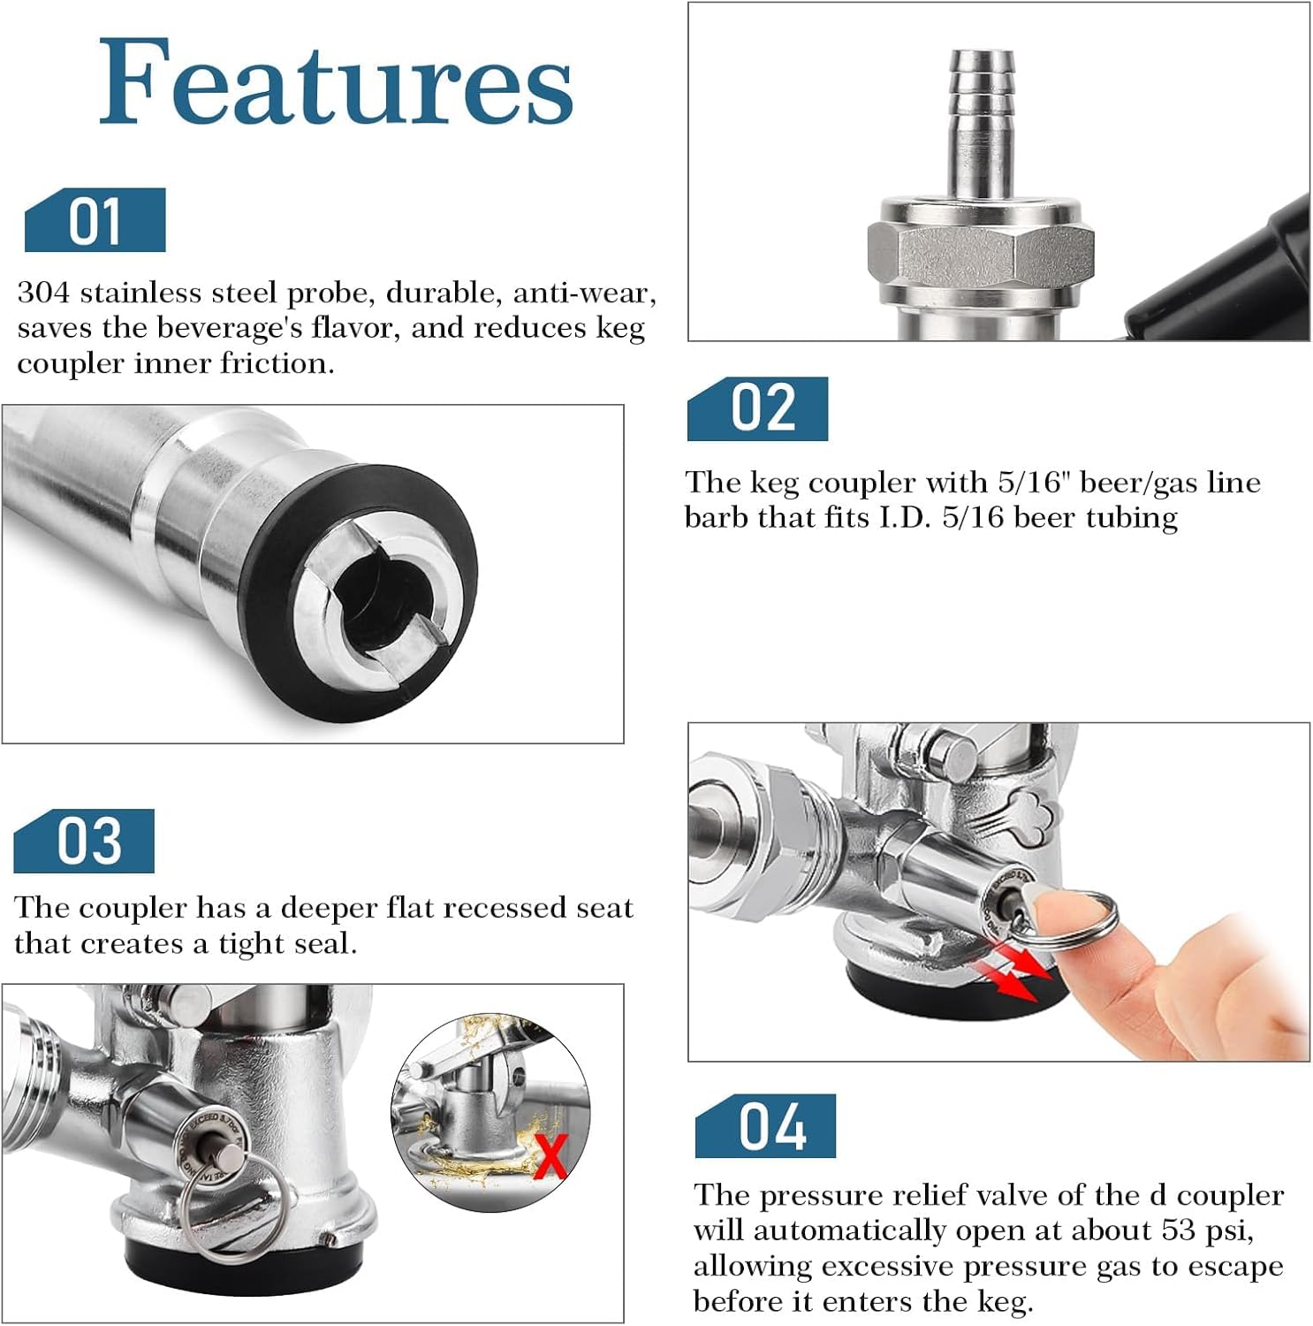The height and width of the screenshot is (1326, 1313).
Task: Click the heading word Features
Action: [x=336, y=82]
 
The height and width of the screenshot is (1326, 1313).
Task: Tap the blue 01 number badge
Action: [x=95, y=220]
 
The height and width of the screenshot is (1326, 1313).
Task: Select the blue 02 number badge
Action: [x=757, y=408]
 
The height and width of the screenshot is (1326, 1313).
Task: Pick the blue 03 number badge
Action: [x=84, y=841]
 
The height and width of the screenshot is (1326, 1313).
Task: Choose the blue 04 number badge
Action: [x=765, y=1125]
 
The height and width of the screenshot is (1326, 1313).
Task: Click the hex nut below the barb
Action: [x=981, y=256]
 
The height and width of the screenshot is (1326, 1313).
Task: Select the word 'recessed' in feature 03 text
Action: [x=455, y=908]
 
